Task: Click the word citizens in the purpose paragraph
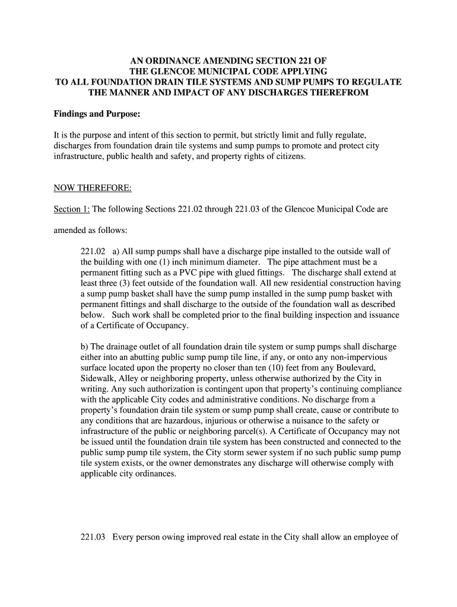[x=288, y=156]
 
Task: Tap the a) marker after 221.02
[x=116, y=251]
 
